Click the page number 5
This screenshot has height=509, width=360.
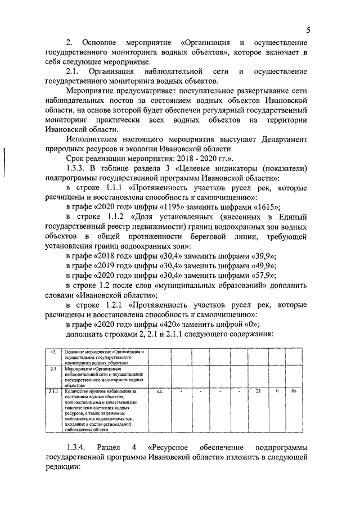click(x=309, y=30)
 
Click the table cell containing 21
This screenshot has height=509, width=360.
click(x=259, y=390)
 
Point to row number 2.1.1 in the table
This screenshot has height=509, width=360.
click(x=53, y=390)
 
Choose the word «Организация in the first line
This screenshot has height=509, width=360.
click(x=206, y=43)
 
